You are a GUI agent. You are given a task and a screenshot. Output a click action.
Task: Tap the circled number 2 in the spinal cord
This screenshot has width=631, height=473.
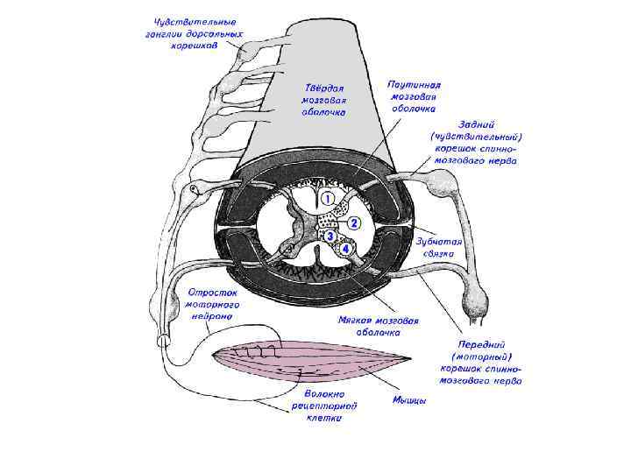click(353, 222)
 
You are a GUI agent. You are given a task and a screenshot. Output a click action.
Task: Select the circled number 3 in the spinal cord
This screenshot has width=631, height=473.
click(330, 236)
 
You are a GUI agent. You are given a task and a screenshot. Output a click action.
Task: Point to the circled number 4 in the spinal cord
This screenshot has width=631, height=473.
click(347, 249)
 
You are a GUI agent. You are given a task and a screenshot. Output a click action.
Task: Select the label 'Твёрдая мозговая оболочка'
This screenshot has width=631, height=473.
click(325, 100)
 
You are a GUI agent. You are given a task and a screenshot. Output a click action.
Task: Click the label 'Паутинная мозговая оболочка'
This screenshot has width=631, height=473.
click(412, 96)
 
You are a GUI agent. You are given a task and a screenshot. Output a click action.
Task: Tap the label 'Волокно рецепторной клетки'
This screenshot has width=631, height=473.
click(325, 406)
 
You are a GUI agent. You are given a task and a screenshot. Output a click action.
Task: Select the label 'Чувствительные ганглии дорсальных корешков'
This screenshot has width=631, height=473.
click(195, 32)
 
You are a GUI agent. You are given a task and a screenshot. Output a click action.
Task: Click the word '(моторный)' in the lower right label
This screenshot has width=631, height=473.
click(481, 357)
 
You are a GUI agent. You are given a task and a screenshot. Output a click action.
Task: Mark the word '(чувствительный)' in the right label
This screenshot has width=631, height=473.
click(477, 137)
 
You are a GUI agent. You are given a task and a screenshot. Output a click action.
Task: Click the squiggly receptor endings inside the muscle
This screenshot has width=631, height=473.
click(260, 352)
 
